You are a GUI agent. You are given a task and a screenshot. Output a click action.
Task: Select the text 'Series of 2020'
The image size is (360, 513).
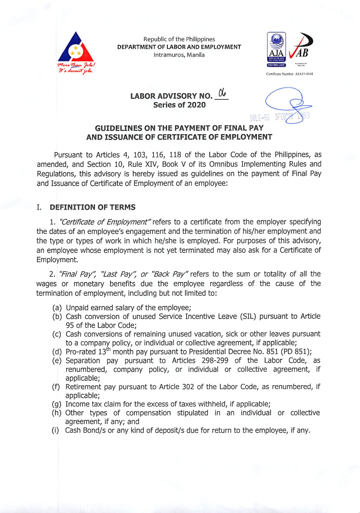tap(179, 105)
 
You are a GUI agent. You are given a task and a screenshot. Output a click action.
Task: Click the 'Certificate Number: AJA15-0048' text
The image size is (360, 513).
tap(289, 74)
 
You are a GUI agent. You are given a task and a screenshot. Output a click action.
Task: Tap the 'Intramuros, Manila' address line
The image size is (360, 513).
tap(179, 54)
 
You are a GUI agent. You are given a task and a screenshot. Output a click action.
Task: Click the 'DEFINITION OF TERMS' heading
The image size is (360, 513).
tap(93, 207)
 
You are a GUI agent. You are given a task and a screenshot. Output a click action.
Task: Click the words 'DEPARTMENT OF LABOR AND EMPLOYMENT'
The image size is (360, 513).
tap(179, 47)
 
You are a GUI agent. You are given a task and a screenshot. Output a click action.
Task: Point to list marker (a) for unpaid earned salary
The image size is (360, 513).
tap(57, 307)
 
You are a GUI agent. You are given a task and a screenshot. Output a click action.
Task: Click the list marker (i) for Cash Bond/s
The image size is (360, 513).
tap(56, 430)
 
